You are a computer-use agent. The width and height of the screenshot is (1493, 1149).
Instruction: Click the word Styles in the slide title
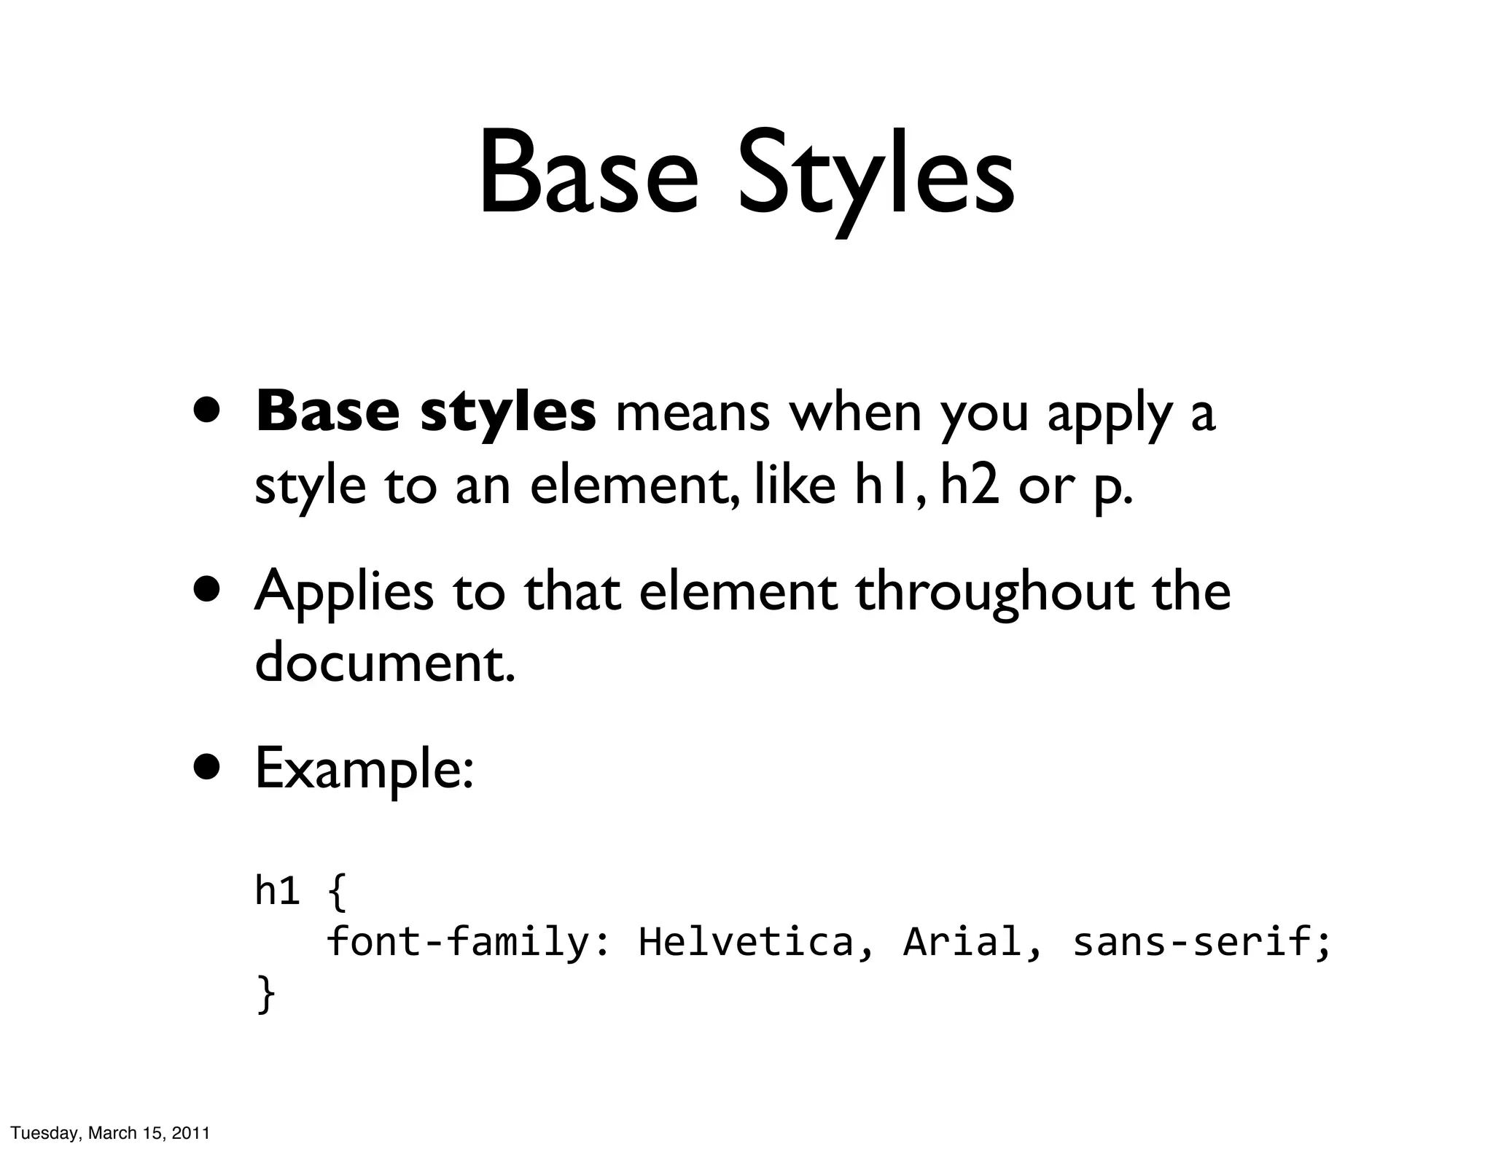[x=875, y=179]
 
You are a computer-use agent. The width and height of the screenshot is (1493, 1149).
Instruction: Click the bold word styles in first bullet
[x=507, y=413]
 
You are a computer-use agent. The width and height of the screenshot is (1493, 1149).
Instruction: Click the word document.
[x=384, y=662]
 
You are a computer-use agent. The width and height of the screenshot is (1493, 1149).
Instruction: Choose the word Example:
[x=365, y=770]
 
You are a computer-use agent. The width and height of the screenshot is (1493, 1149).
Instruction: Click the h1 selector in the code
[x=277, y=891]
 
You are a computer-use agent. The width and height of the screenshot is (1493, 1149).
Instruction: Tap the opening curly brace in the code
[x=337, y=892]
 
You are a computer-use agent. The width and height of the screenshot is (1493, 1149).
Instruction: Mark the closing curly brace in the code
[x=266, y=994]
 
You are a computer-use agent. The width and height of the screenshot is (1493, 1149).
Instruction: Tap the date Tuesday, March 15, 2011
[x=110, y=1133]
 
